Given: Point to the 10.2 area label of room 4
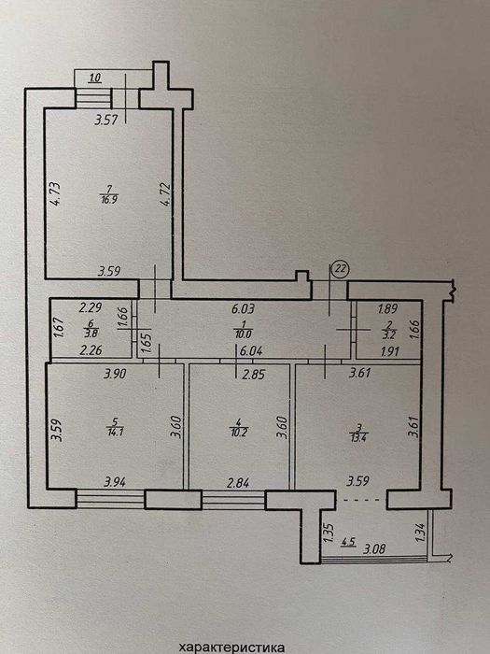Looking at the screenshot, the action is tap(239, 433).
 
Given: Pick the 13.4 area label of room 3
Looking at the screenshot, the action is tap(357, 437).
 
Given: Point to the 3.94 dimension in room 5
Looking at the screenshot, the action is tap(115, 483).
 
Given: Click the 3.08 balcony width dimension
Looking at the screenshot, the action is tap(374, 549).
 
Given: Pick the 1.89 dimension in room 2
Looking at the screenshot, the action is tap(387, 309).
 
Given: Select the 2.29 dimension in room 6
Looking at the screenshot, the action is tap(91, 308).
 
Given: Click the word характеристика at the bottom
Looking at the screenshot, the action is tap(232, 647).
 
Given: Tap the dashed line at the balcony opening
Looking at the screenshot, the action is tap(361, 499).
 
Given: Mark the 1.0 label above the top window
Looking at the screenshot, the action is tap(96, 78).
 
